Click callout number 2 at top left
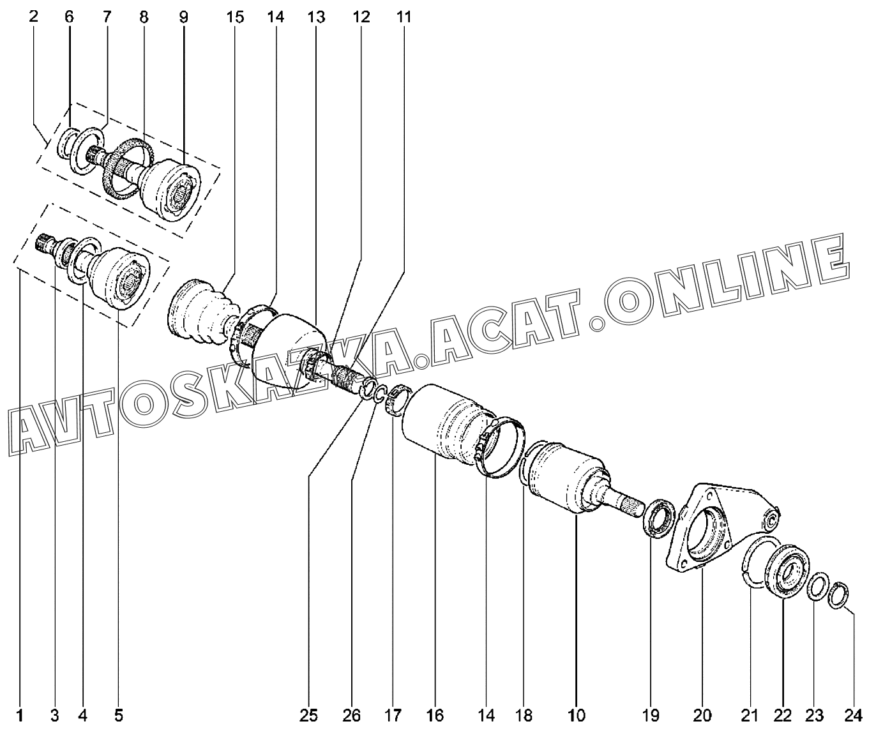point(34,17)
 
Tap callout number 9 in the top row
point(183,17)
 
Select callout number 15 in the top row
point(235,17)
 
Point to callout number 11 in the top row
point(404,17)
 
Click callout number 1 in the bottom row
point(19,715)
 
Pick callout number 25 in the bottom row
point(308,715)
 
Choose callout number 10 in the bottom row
point(576,715)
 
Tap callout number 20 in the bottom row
point(702,715)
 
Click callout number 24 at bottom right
point(853,715)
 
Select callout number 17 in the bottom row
point(393,715)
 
